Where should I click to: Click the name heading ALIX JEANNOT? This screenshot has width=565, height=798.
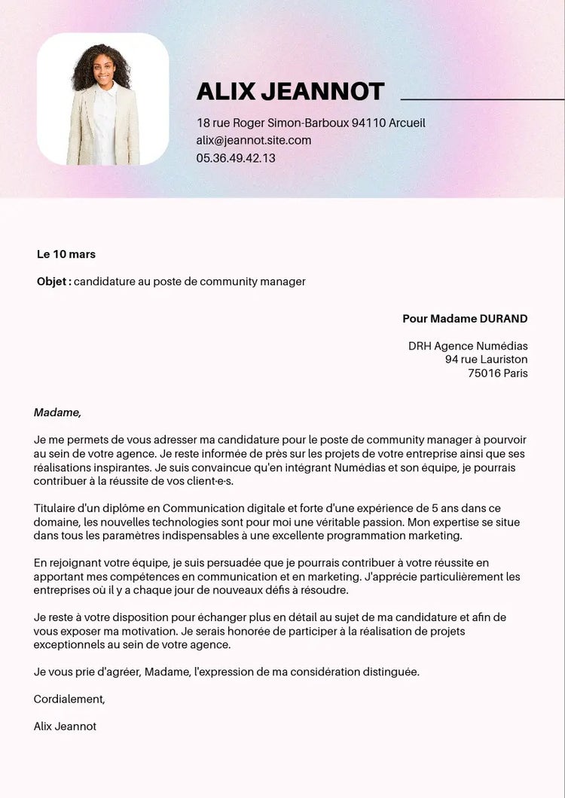point(290,91)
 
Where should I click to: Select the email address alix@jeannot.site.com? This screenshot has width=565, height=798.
point(254,140)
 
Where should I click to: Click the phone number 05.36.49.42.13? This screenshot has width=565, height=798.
point(236,158)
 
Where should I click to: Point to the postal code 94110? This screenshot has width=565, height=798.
point(369,123)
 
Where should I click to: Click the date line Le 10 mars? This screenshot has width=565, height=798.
point(66,254)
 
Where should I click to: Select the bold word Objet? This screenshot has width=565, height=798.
point(53,282)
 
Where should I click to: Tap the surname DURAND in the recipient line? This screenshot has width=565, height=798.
point(503,318)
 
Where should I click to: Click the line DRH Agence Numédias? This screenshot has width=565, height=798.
point(468,346)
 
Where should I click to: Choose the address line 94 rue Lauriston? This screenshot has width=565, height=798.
point(486,360)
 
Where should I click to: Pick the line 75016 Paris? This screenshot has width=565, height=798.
point(497,373)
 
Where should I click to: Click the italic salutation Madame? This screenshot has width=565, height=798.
point(57,413)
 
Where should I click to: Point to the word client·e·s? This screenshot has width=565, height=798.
point(207,481)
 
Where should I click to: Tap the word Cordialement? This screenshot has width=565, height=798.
point(69,699)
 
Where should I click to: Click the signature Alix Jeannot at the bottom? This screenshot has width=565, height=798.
point(65,726)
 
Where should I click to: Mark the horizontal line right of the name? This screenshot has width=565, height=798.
point(482,99)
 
